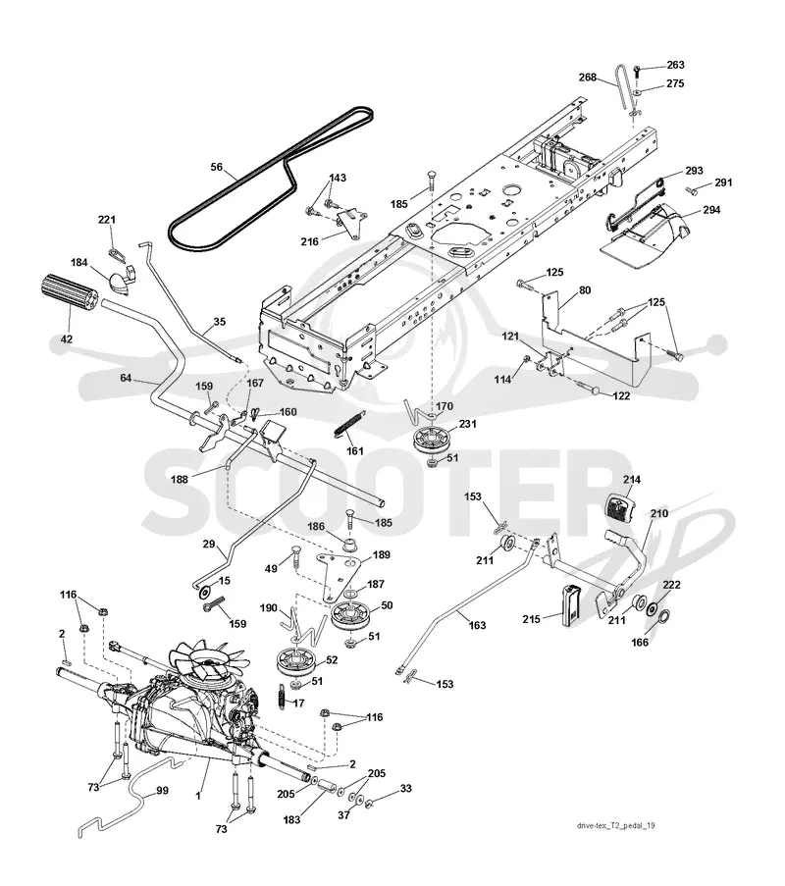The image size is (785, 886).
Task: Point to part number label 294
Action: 711,210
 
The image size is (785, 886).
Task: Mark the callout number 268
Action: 588,77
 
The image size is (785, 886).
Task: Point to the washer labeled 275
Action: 637,90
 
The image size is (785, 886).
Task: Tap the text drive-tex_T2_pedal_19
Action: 616,825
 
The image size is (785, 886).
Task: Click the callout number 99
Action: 162,791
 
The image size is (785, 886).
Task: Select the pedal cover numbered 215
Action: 570,605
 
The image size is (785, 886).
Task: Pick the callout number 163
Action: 478,626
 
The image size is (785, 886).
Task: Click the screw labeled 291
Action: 691,189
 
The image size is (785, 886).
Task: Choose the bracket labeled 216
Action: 350,223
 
